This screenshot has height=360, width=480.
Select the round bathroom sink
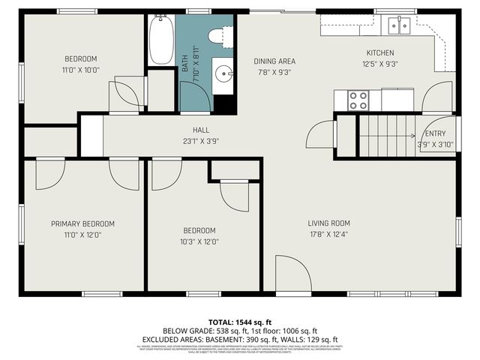click(223, 74)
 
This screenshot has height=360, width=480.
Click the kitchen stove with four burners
click(358, 99)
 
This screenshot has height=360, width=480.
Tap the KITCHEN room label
click(379, 52)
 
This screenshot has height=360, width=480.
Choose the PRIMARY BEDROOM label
click(82, 223)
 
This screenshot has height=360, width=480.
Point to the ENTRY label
click(435, 133)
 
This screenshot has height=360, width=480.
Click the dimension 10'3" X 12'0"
click(199, 241)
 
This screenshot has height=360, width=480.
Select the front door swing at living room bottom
click(292, 274)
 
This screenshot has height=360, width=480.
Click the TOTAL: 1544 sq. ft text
click(239, 321)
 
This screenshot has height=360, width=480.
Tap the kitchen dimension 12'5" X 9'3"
click(379, 64)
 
